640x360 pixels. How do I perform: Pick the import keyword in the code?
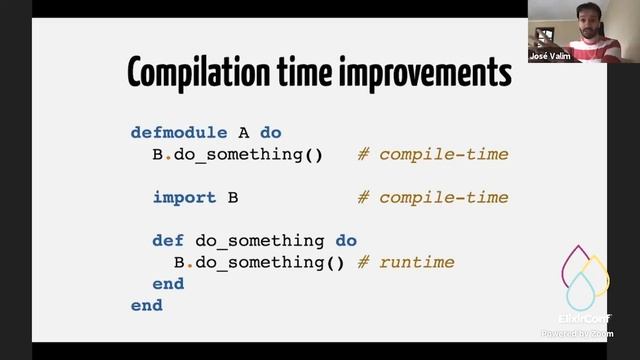[184, 197]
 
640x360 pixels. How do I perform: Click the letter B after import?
[233, 197]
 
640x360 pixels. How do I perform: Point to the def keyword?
[168, 241]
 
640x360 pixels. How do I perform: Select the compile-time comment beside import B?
[432, 197]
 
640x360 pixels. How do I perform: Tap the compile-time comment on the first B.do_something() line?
[432, 154]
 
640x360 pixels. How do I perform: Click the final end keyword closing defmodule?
[146, 306]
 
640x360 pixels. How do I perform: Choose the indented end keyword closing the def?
[168, 284]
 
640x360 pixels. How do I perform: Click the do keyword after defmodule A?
[271, 132]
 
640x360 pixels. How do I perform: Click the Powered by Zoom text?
[578, 333]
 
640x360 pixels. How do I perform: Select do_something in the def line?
[260, 241]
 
